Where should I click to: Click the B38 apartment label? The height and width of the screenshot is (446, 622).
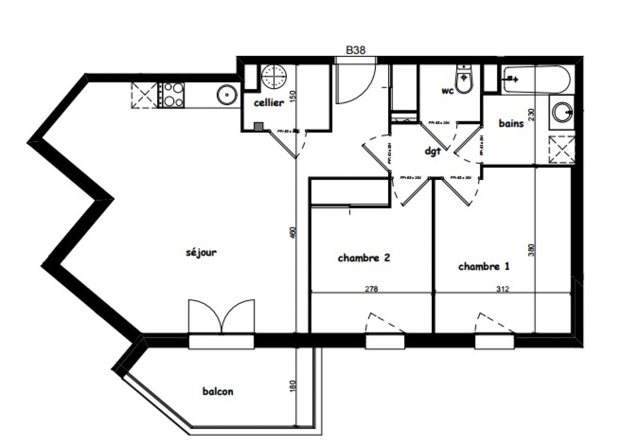click(x=355, y=50)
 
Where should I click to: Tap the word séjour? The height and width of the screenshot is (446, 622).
click(x=201, y=252)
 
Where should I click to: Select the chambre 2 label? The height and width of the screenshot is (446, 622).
click(x=364, y=258)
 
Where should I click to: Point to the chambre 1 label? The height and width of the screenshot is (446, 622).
click(x=484, y=266)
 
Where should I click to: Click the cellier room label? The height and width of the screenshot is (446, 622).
click(x=268, y=103)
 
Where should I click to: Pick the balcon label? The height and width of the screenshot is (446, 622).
click(x=218, y=391)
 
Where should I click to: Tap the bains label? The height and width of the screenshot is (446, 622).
click(x=511, y=123)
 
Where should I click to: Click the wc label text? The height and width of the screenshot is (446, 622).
click(x=448, y=91)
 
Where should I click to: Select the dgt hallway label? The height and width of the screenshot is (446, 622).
click(x=433, y=151)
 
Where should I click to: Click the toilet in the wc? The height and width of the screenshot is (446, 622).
click(x=465, y=79)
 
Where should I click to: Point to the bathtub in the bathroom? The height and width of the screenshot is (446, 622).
click(x=536, y=79)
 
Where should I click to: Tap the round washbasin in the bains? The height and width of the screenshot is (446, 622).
click(x=562, y=111)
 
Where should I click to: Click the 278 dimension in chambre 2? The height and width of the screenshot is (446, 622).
click(x=371, y=289)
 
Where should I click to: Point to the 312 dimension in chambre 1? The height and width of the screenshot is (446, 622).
click(x=502, y=289)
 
